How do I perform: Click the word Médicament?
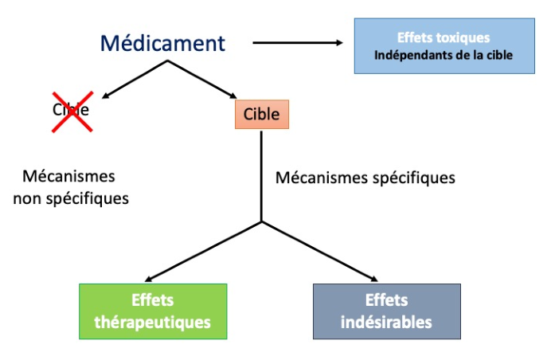click(162, 43)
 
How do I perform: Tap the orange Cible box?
click(262, 114)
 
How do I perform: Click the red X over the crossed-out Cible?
click(72, 112)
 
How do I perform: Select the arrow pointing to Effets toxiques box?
click(298, 43)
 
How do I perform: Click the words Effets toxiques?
click(444, 37)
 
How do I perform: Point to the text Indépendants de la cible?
click(444, 55)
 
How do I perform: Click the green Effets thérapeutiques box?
click(153, 311)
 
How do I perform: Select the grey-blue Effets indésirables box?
click(387, 311)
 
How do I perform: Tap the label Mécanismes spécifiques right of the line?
click(365, 178)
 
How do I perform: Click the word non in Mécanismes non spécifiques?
click(27, 199)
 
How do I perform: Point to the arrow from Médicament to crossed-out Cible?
click(135, 79)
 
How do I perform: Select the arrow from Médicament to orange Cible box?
click(202, 79)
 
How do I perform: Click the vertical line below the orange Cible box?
click(261, 177)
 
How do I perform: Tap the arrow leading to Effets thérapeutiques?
click(203, 252)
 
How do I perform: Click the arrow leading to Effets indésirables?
click(320, 252)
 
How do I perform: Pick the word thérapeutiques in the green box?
click(153, 323)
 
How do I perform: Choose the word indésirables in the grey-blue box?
click(386, 323)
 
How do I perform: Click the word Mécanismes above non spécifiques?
click(68, 176)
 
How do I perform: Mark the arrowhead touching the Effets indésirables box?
click(374, 279)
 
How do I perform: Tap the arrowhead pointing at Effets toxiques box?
click(339, 43)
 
